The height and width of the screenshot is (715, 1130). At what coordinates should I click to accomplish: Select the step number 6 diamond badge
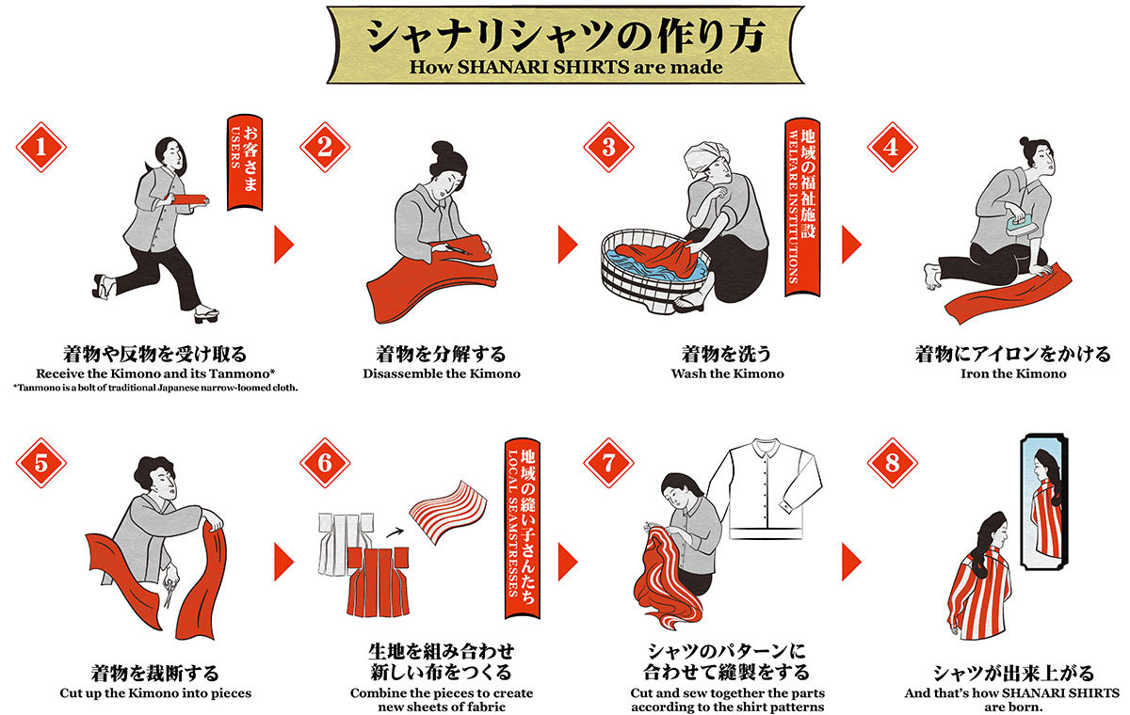325,463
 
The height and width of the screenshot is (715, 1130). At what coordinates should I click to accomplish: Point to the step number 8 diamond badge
892,463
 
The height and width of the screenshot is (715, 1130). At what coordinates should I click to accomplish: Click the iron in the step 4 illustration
1015,222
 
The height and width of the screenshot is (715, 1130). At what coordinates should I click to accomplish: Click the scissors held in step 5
169,593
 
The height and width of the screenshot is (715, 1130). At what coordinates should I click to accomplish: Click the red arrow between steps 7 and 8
850,562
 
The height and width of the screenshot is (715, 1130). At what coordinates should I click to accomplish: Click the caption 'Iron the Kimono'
1012,373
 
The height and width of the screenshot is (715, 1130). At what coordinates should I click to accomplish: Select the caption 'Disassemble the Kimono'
441,373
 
